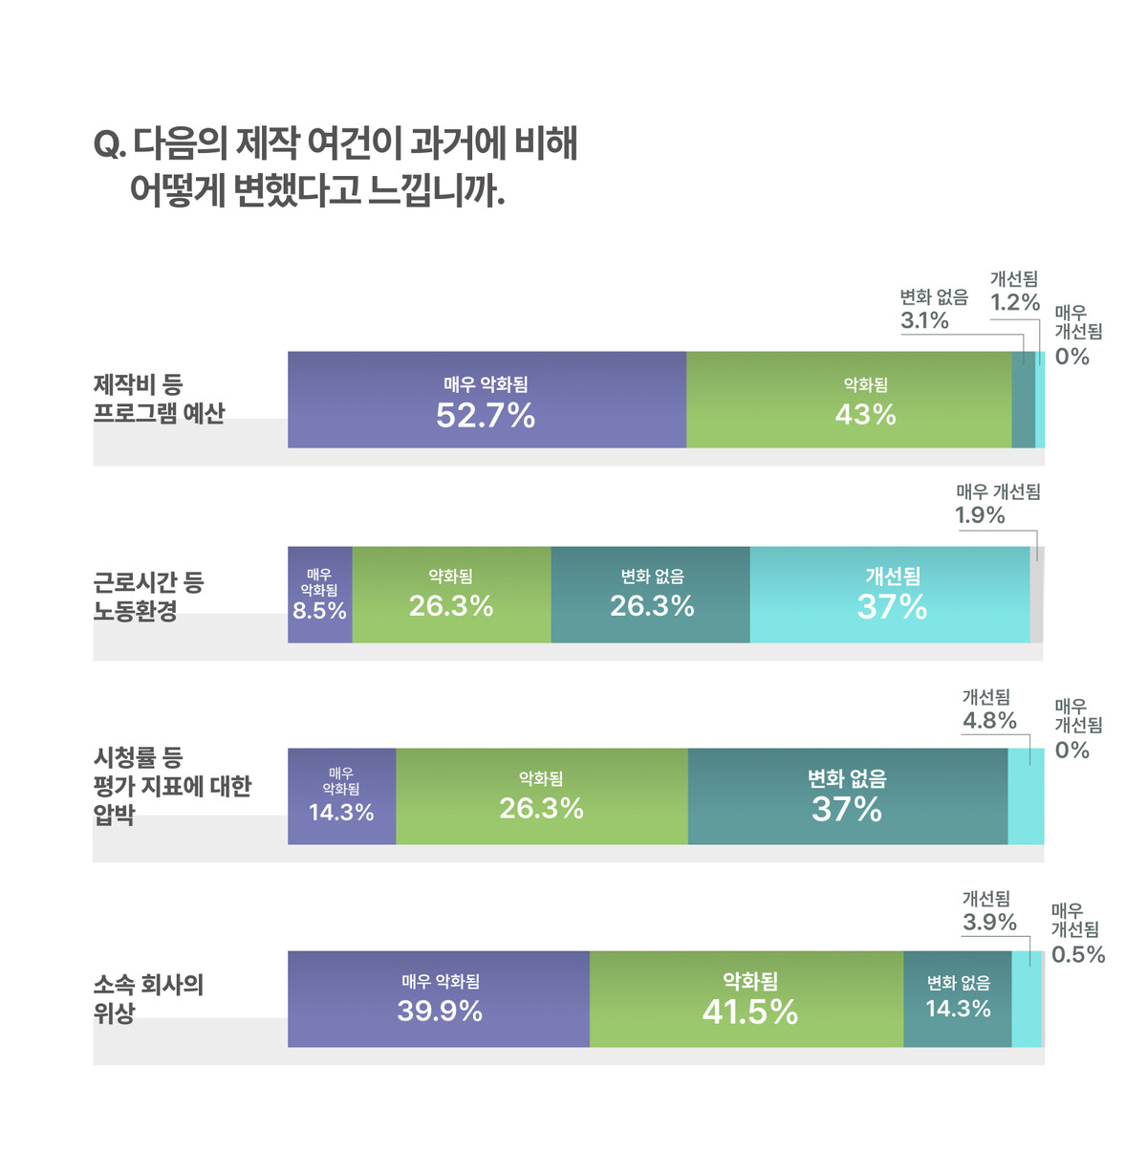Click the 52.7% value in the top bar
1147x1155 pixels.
click(486, 415)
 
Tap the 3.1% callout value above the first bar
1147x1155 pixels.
click(924, 320)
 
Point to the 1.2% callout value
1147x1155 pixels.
click(1014, 302)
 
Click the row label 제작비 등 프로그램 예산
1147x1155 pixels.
click(159, 399)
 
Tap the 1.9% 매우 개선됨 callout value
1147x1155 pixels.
click(980, 515)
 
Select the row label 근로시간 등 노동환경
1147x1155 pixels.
click(148, 597)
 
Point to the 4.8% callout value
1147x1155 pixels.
click(989, 721)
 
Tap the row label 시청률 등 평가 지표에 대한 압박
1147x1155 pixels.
click(171, 786)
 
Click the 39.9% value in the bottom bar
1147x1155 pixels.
click(440, 1011)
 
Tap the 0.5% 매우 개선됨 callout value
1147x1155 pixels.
click(1078, 954)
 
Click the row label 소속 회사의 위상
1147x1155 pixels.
click(148, 998)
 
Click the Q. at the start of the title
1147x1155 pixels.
click(109, 144)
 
